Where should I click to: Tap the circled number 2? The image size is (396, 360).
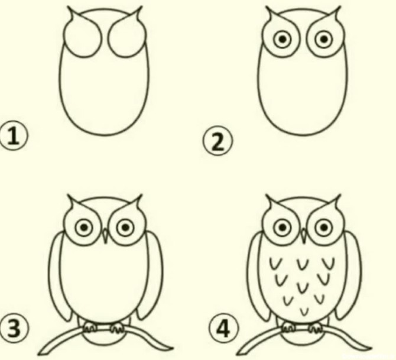(218, 141)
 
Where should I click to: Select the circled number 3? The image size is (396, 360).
(14, 329)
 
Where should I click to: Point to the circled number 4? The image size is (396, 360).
(223, 329)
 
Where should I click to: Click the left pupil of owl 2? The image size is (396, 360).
(283, 39)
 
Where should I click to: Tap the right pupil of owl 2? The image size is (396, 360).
(324, 39)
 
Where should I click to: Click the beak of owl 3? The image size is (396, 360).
(105, 236)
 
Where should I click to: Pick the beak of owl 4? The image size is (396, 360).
(304, 236)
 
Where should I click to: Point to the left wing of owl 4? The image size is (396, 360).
(257, 277)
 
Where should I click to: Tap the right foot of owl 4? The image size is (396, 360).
(316, 327)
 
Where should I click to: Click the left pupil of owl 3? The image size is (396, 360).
(85, 228)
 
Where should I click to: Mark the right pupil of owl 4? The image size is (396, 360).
(324, 228)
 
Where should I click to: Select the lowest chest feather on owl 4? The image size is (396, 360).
(304, 312)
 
